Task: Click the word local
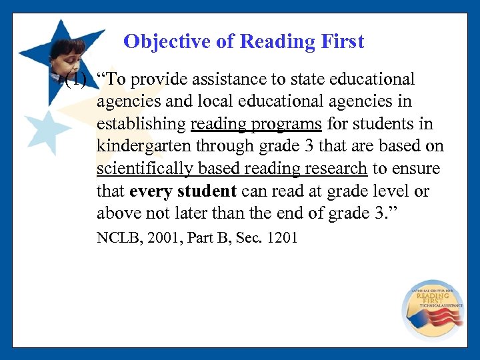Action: point(217,102)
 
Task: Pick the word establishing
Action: point(141,124)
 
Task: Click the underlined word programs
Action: point(289,124)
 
